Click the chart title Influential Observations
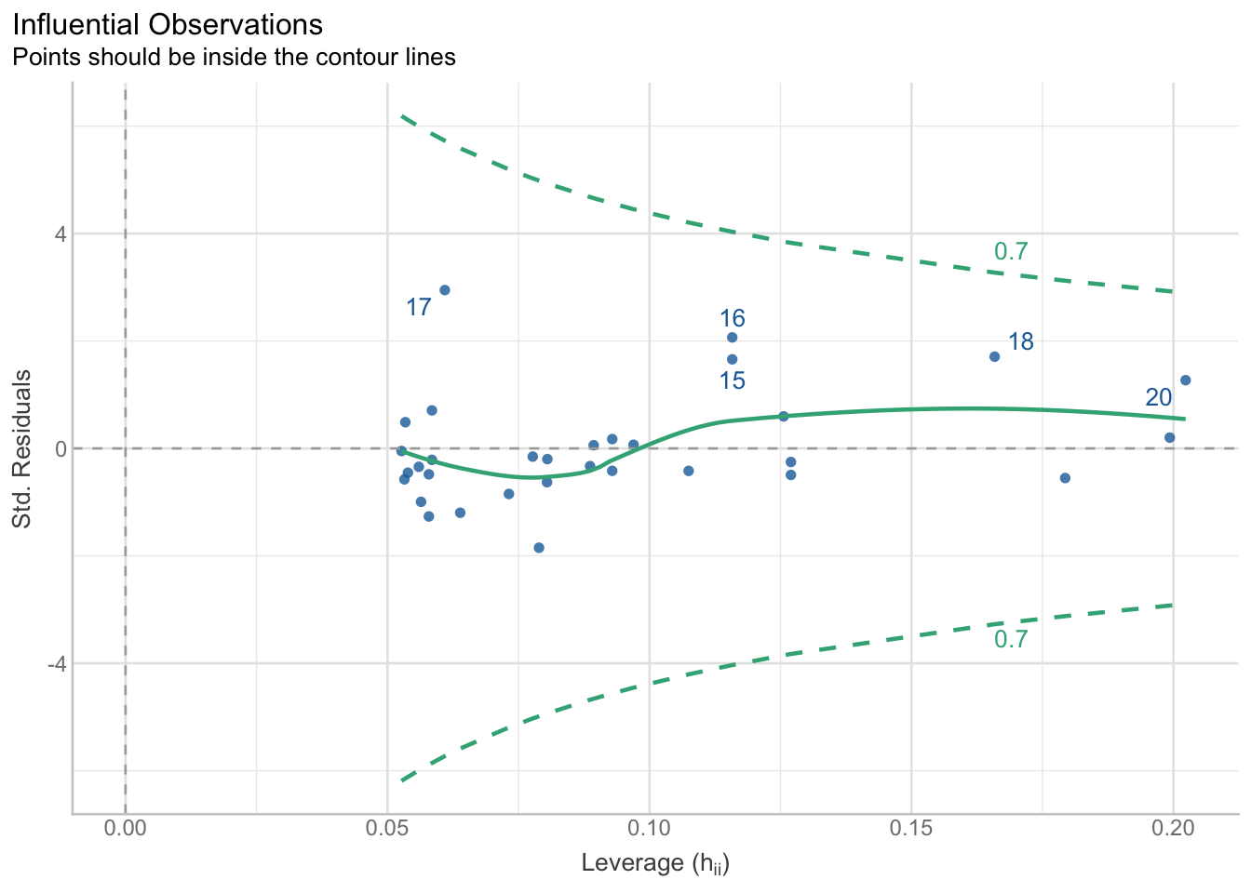point(168,24)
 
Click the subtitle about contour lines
point(234,58)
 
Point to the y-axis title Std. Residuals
point(22,448)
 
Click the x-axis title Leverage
point(654,863)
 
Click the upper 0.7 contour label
point(1011,251)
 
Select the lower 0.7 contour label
point(1011,640)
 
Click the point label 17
point(419,307)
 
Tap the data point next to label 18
point(994,356)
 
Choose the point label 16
point(733,318)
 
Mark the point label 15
point(733,380)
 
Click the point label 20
point(1159,398)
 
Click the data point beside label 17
point(445,290)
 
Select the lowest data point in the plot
point(539,548)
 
